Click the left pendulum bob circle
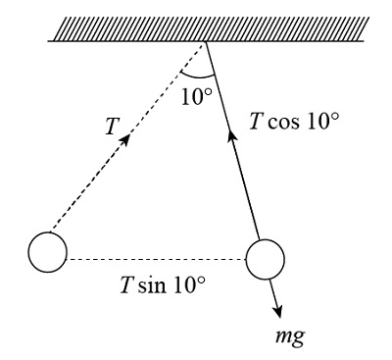[x=47, y=252]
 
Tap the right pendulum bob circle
[x=265, y=260]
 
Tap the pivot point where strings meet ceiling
[x=207, y=41]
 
